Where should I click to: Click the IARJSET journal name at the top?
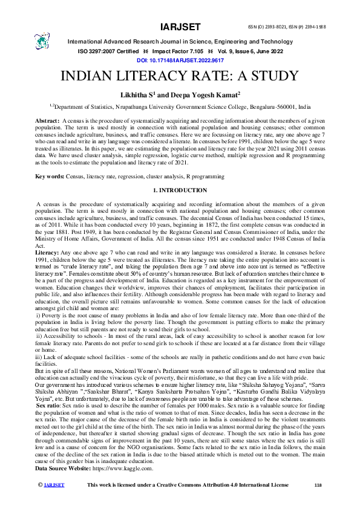point(180,27)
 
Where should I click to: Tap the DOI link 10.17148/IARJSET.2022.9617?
point(180,61)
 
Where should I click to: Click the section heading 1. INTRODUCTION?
point(180,191)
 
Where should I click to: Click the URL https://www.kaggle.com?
point(128,468)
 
